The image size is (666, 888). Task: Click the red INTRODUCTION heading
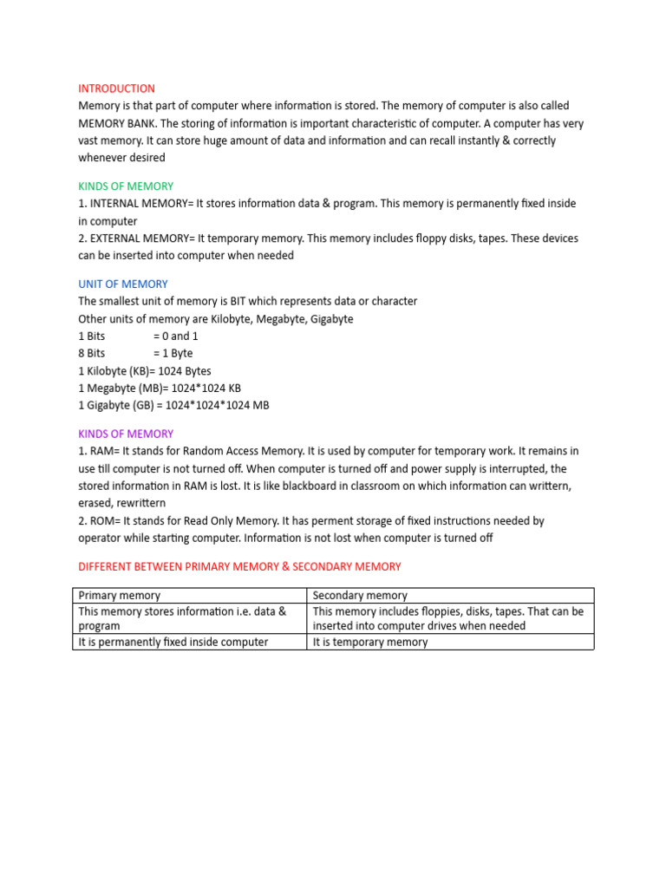pyautogui.click(x=116, y=88)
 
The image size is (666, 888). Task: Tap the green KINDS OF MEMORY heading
pyautogui.click(x=126, y=186)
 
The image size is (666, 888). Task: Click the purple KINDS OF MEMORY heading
pyautogui.click(x=126, y=434)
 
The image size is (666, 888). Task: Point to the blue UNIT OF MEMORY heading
pyautogui.click(x=123, y=284)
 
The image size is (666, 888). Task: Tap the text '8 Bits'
pyautogui.click(x=92, y=354)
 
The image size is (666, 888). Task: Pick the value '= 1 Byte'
pyautogui.click(x=173, y=354)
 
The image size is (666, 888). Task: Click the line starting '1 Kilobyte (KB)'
pyautogui.click(x=145, y=371)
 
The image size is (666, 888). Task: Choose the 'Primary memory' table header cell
pyautogui.click(x=120, y=596)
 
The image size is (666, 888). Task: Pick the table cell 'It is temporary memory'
pyautogui.click(x=370, y=643)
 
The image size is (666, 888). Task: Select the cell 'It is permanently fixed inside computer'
pyautogui.click(x=173, y=643)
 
